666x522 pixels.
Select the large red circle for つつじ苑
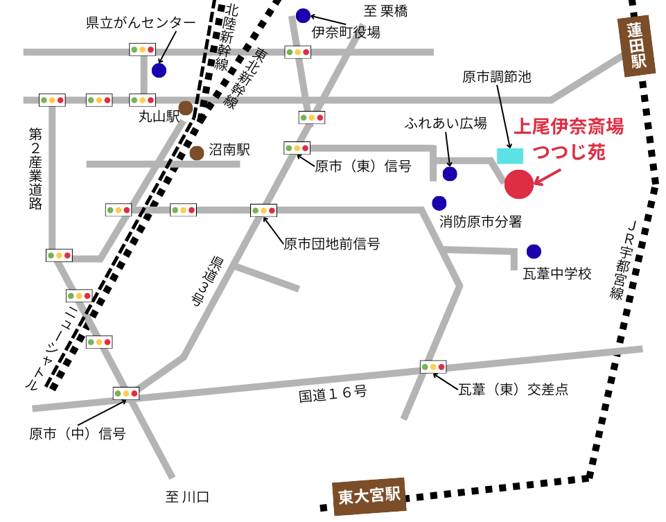click(x=519, y=183)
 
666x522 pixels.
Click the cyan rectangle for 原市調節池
click(x=510, y=156)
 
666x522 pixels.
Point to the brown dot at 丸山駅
click(x=186, y=107)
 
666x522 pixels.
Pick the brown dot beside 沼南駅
click(x=197, y=153)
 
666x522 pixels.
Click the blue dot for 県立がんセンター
click(x=159, y=70)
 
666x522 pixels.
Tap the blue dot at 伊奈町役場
click(x=303, y=15)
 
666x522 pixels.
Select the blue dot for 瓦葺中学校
click(x=534, y=252)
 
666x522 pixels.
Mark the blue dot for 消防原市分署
click(x=439, y=203)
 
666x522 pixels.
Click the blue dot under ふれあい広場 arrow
click(x=450, y=174)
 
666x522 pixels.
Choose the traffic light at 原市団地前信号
click(x=263, y=210)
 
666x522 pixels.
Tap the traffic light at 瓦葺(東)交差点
click(x=433, y=366)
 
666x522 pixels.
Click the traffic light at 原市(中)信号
click(x=126, y=393)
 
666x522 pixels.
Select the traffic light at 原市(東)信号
click(x=297, y=148)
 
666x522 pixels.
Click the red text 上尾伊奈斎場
click(x=568, y=127)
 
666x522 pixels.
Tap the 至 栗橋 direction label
click(x=386, y=10)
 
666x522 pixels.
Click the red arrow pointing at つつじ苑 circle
click(x=548, y=177)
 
